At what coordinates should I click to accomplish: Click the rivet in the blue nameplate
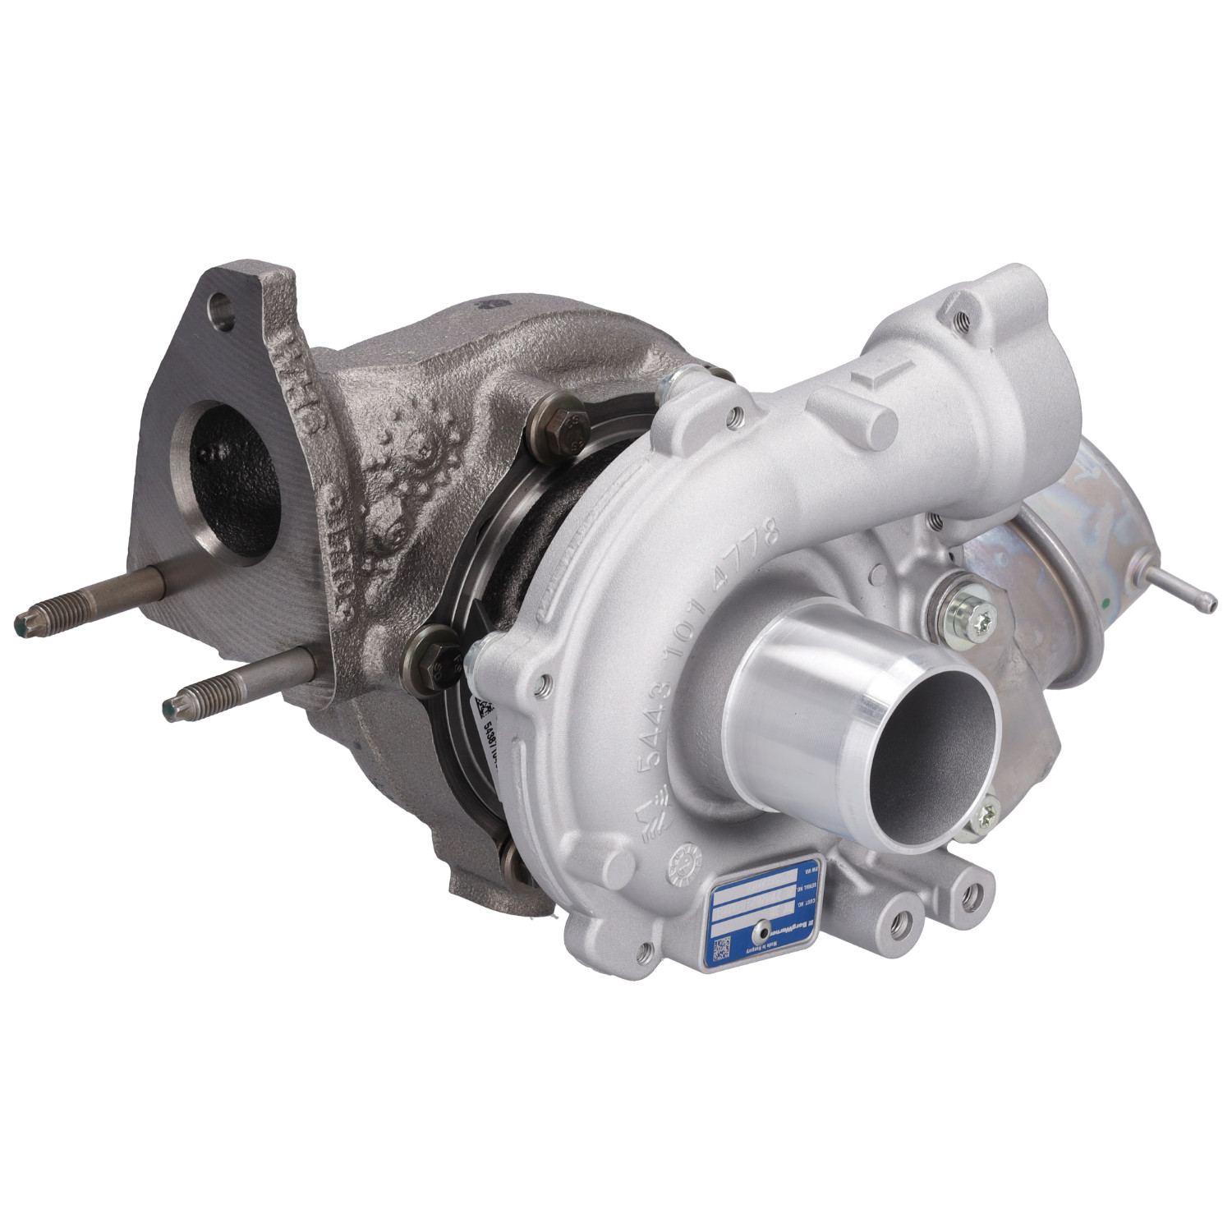[x=763, y=928]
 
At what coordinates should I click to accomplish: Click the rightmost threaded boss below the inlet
[x=975, y=894]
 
